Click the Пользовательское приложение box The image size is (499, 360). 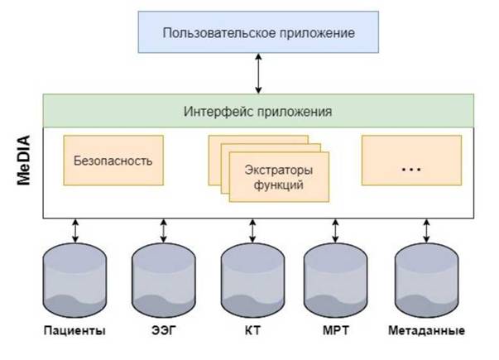[258, 32]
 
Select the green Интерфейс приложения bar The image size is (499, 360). [258, 111]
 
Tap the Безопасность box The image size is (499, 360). [113, 161]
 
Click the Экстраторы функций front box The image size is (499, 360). [279, 177]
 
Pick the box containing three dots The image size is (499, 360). [411, 161]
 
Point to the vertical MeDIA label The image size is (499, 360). [24, 160]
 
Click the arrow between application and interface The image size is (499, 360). [258, 74]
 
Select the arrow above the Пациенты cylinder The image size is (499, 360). [75, 230]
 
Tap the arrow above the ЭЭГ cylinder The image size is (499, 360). [163, 230]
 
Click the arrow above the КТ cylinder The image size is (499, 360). [252, 230]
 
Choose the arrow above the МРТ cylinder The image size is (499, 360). [335, 230]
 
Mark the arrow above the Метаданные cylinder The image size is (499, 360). [426, 230]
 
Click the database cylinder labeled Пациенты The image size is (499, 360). [74, 280]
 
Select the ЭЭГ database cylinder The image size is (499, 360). [164, 280]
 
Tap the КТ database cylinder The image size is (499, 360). [252, 280]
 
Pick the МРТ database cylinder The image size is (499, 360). [335, 280]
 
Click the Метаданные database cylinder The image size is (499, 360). [426, 280]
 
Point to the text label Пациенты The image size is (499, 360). [74, 331]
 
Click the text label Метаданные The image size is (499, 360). [426, 330]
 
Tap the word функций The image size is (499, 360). [278, 185]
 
